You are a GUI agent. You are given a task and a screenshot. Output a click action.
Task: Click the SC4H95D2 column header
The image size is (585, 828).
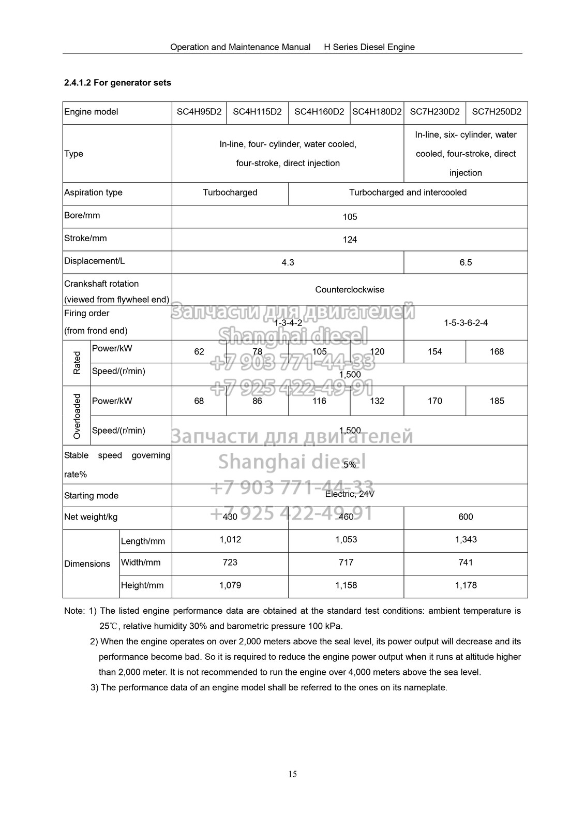pyautogui.click(x=199, y=112)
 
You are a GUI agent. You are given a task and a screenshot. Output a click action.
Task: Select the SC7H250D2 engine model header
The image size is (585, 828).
pyautogui.click(x=497, y=112)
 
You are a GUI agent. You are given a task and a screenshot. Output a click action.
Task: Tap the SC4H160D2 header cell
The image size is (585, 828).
pyautogui.click(x=319, y=112)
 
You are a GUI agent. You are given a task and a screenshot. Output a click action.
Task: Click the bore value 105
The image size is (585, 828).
pyautogui.click(x=350, y=217)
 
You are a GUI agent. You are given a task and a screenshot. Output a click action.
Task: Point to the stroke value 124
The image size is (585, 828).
pyautogui.click(x=350, y=240)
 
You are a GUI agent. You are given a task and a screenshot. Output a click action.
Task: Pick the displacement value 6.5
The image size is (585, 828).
pyautogui.click(x=466, y=262)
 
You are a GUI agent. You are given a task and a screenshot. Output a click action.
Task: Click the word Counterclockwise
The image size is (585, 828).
pyautogui.click(x=350, y=290)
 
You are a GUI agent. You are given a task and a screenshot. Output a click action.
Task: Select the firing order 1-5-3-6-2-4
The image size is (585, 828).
pyautogui.click(x=466, y=323)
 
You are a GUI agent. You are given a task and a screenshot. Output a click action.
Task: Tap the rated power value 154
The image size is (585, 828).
pyautogui.click(x=434, y=352)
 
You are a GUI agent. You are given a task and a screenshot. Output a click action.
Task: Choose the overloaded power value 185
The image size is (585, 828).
pyautogui.click(x=497, y=401)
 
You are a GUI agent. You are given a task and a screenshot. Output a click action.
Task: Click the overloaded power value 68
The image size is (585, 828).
pyautogui.click(x=199, y=401)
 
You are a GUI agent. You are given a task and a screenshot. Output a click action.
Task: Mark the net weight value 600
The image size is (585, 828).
pyautogui.click(x=466, y=517)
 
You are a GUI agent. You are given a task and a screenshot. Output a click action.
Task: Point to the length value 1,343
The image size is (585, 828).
pyautogui.click(x=466, y=540)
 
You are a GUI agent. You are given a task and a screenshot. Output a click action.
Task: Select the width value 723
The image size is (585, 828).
pyautogui.click(x=230, y=563)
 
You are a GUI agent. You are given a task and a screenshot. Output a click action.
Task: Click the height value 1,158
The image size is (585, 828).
pyautogui.click(x=346, y=585)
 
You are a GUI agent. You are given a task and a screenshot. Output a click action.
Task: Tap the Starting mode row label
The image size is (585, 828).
pyautogui.click(x=92, y=496)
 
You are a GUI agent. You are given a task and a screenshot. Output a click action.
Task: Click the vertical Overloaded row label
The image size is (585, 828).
pyautogui.click(x=77, y=416)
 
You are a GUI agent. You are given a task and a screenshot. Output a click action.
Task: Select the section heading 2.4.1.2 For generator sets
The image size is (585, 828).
pyautogui.click(x=117, y=83)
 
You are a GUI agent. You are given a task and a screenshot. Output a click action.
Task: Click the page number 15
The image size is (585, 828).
pyautogui.click(x=293, y=774)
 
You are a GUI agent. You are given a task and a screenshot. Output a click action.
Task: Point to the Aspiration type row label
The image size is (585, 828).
pyautogui.click(x=94, y=193)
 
